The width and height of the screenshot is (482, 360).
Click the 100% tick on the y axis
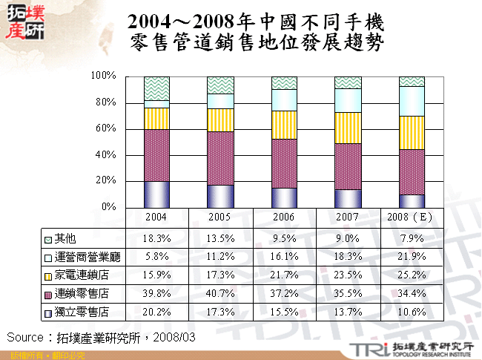click(x=102, y=76)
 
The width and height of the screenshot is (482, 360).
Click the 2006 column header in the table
click(x=284, y=217)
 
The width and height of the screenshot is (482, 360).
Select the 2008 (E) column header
click(x=412, y=217)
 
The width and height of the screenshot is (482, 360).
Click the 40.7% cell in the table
click(x=220, y=293)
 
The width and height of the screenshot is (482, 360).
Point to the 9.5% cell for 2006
click(x=284, y=238)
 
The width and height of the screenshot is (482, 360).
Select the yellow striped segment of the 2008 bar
click(x=412, y=132)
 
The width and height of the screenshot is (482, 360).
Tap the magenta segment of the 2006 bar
click(x=284, y=163)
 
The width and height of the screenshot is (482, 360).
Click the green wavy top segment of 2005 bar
click(x=220, y=85)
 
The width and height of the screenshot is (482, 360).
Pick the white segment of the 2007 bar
click(x=348, y=100)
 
